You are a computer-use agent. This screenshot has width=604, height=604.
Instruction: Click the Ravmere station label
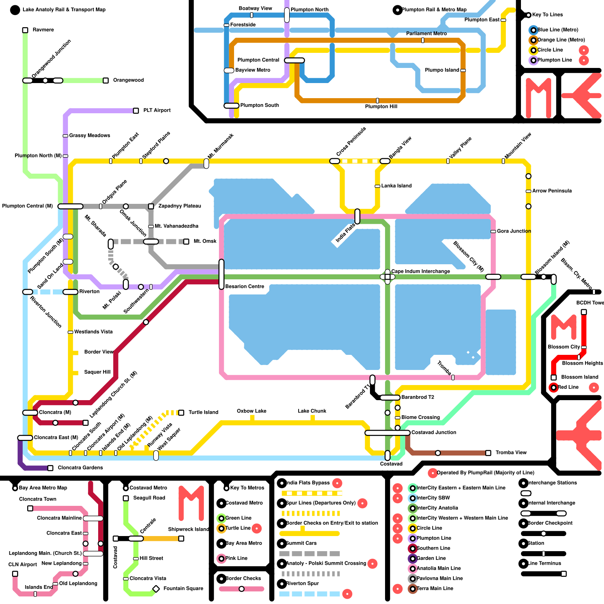(43, 30)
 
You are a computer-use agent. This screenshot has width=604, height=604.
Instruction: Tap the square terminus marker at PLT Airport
(136, 111)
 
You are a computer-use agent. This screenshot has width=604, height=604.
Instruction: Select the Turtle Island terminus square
(181, 413)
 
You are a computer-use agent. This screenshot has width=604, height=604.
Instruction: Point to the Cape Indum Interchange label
(421, 271)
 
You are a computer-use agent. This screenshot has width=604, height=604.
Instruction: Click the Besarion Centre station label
(245, 287)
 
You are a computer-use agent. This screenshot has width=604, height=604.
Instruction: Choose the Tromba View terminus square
(488, 453)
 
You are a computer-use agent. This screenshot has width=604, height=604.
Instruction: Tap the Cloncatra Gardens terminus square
(50, 468)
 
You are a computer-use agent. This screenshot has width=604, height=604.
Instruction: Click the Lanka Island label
(396, 186)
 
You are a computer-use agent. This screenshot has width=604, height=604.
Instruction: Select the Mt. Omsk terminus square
(186, 242)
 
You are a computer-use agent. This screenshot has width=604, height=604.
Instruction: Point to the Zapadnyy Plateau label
(180, 206)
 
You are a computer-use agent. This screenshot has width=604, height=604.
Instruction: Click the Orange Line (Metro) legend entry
(561, 40)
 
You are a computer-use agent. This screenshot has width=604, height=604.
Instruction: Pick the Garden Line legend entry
(431, 558)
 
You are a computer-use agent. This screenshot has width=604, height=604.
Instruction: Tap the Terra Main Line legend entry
(435, 589)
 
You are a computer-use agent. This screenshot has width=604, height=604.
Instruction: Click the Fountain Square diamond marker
(156, 589)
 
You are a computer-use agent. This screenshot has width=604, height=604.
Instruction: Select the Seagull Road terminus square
(126, 498)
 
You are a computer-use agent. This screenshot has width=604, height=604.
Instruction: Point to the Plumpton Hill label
(381, 106)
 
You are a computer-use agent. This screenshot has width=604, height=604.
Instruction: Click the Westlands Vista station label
(93, 332)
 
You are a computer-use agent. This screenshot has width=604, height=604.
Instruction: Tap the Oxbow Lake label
(251, 411)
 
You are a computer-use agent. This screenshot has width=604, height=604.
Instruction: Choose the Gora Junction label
(514, 231)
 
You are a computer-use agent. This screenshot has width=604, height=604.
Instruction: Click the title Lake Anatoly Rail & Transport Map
(64, 10)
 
